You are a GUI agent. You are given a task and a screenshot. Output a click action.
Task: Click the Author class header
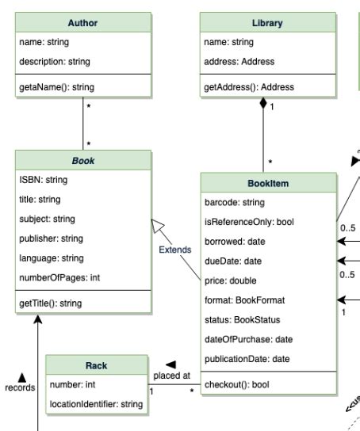[83, 23]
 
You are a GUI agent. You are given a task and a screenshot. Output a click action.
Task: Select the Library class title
[266, 23]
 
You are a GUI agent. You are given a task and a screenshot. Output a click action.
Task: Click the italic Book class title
[83, 160]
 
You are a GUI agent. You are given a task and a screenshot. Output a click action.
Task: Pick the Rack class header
[96, 365]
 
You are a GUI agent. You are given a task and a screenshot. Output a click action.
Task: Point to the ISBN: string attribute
[44, 180]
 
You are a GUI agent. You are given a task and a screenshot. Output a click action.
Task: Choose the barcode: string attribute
[236, 203]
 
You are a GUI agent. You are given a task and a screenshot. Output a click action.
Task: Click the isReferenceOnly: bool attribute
[249, 222]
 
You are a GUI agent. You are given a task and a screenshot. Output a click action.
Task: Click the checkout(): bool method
[238, 384]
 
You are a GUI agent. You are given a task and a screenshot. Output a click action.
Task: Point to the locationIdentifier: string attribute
[96, 404]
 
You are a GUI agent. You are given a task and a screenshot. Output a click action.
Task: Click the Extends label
[174, 250]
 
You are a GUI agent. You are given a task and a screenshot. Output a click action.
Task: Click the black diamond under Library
[264, 104]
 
